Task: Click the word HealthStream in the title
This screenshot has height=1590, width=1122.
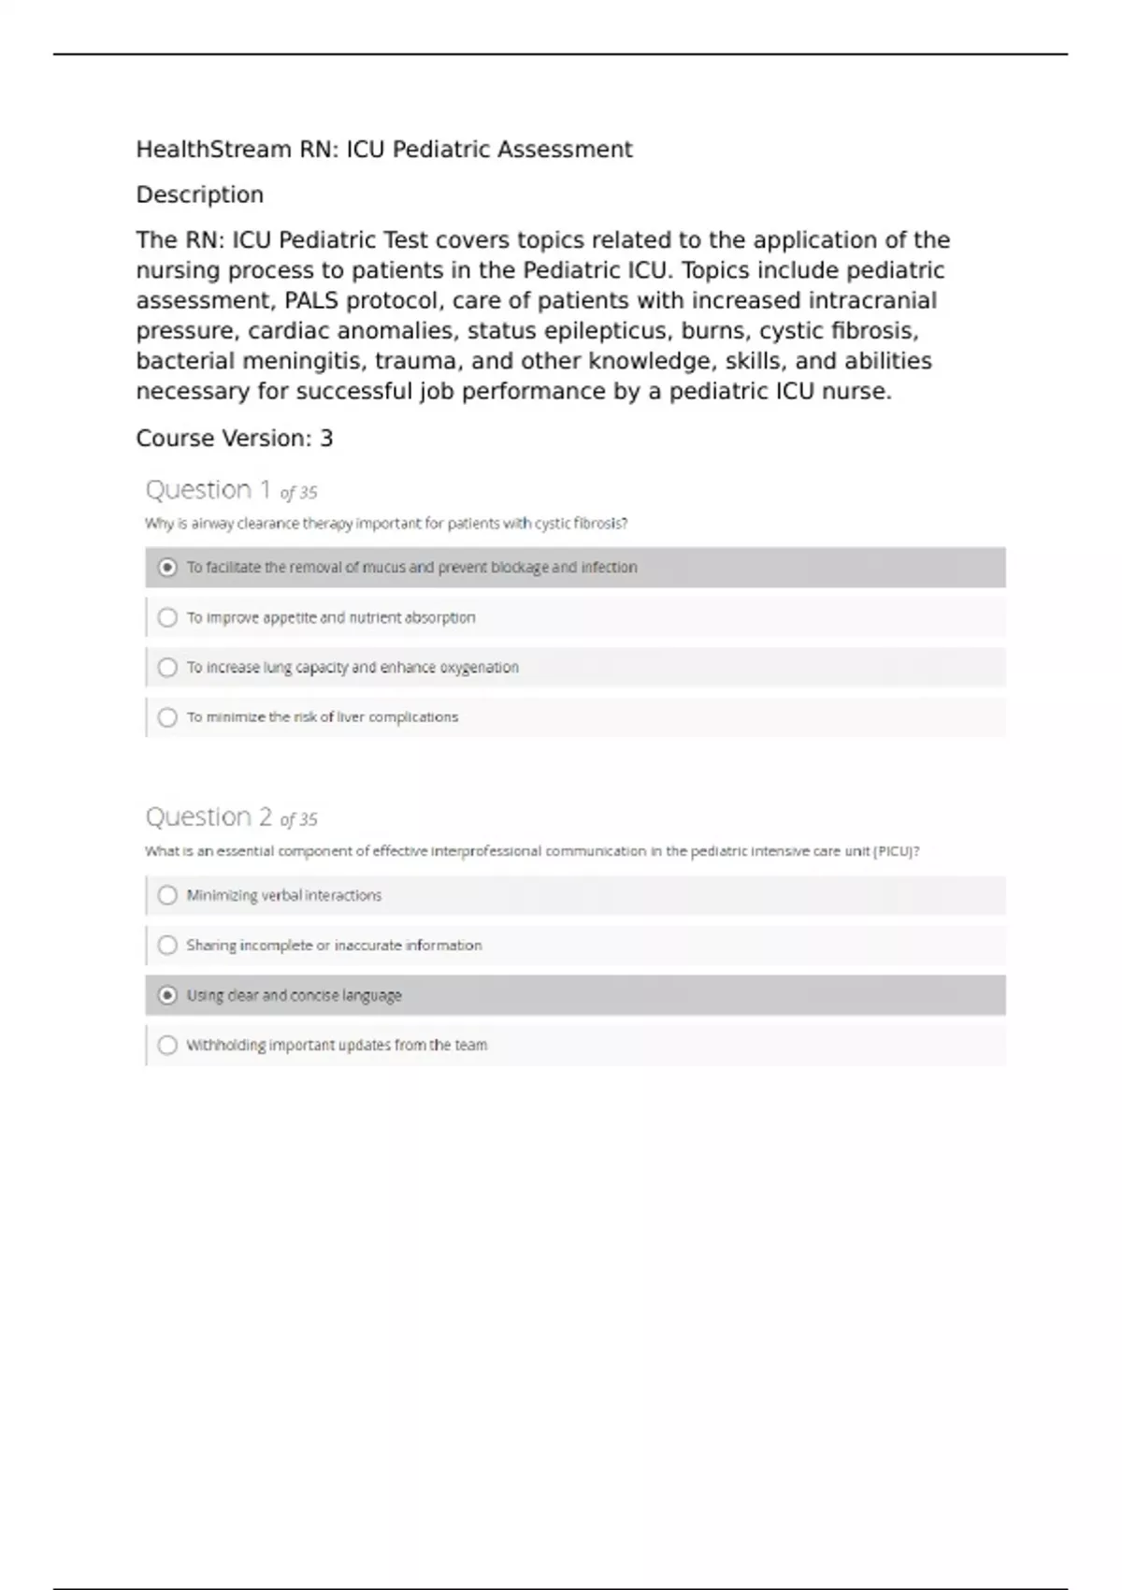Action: point(213,150)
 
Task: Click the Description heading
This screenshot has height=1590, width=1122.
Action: point(200,195)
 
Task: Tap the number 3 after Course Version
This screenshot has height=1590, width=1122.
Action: point(326,439)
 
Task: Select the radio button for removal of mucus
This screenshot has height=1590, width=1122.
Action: point(167,568)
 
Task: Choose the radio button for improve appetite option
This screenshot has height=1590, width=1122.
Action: point(167,617)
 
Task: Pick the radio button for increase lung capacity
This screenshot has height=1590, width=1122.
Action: point(167,667)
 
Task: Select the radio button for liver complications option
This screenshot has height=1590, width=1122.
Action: point(167,717)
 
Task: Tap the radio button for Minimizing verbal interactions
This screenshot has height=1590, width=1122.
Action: point(167,895)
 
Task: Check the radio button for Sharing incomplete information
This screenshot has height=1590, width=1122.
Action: point(167,946)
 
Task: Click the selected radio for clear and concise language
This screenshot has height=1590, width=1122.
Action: point(167,995)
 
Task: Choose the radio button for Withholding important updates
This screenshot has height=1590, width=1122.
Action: point(167,1045)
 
